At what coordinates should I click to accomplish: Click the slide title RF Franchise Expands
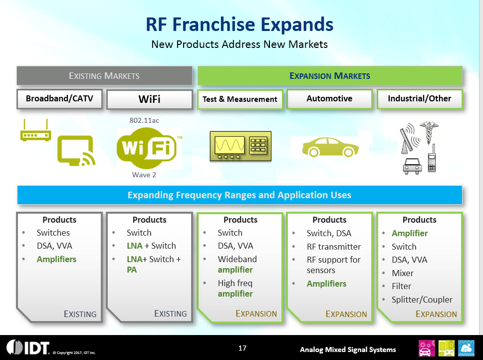click(240, 24)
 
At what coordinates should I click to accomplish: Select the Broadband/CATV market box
click(59, 99)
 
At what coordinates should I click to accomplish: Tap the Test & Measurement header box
click(240, 99)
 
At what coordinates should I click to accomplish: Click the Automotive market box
click(329, 99)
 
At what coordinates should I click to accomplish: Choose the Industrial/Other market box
click(420, 99)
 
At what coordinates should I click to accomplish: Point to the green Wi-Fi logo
click(147, 148)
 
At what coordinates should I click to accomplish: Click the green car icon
click(330, 147)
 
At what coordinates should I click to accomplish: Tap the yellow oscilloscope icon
click(241, 146)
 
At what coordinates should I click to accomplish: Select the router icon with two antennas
click(35, 130)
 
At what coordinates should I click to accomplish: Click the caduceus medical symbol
click(429, 132)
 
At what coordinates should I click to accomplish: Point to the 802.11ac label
click(144, 120)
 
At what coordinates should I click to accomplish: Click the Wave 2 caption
click(144, 175)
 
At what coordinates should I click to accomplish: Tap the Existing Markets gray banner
click(104, 75)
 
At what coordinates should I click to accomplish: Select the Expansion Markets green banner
click(330, 75)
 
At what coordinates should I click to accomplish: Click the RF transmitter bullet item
click(334, 247)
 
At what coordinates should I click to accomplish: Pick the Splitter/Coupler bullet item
click(422, 300)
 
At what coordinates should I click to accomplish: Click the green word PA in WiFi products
click(132, 270)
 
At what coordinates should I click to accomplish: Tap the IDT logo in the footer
click(28, 348)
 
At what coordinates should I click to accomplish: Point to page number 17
click(242, 348)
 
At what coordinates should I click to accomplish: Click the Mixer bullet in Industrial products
click(403, 273)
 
